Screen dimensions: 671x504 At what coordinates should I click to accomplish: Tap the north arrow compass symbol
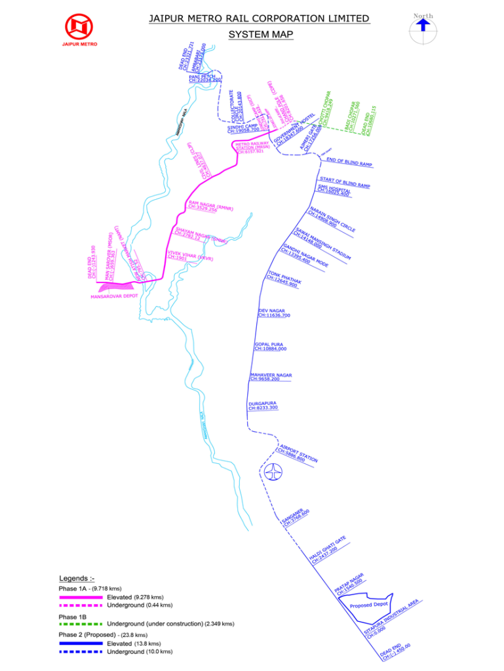[423, 26]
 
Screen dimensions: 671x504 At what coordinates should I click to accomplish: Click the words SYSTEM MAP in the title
[261, 34]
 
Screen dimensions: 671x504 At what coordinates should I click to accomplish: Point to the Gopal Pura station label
[270, 346]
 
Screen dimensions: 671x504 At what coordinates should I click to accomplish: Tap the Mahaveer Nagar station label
[271, 377]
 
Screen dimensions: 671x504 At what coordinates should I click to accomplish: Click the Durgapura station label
[263, 406]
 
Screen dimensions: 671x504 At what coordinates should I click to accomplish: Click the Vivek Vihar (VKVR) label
[190, 255]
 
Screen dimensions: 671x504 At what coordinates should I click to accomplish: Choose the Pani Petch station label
[201, 78]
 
